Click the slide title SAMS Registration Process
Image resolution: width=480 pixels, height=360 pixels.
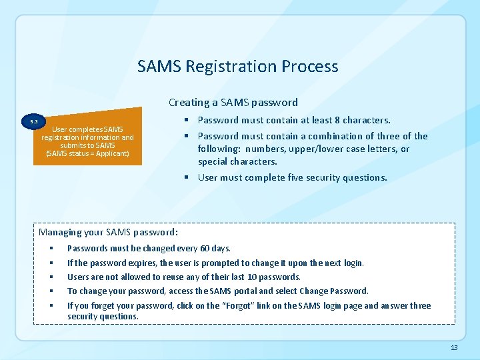(237, 67)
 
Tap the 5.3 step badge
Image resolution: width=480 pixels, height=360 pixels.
(34, 122)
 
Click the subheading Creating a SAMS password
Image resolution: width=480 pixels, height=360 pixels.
(233, 103)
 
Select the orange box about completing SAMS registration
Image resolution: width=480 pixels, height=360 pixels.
(87, 141)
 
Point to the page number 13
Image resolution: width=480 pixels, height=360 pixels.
(454, 348)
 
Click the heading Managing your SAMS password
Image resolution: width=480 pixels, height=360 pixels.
(108, 233)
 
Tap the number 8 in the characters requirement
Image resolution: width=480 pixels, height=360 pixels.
(337, 121)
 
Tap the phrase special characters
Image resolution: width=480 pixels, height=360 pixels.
(237, 162)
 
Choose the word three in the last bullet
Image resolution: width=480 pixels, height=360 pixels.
(421, 306)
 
